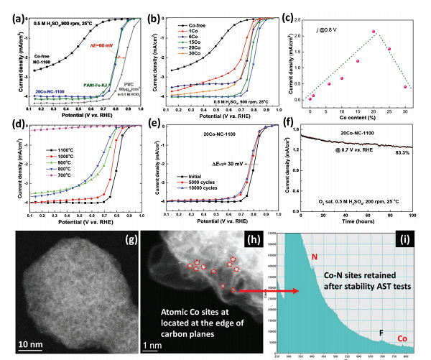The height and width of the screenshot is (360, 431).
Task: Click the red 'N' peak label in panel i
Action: [314, 256]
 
